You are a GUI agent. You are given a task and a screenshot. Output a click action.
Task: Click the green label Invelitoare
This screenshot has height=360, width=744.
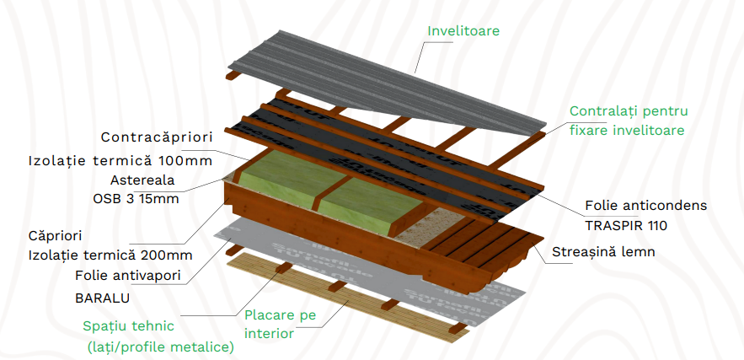pyautogui.click(x=463, y=31)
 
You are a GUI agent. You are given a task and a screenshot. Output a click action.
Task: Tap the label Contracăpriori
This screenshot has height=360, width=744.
pyautogui.click(x=157, y=137)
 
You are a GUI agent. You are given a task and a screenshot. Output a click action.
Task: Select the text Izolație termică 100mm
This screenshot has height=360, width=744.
pyautogui.click(x=120, y=159)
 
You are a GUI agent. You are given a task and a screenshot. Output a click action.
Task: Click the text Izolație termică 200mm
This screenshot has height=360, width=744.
pyautogui.click(x=110, y=255)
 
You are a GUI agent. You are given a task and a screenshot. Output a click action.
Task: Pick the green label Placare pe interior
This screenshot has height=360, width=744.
pyautogui.click(x=280, y=324)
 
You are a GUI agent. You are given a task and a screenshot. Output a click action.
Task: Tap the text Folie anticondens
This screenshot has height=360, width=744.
pyautogui.click(x=645, y=205)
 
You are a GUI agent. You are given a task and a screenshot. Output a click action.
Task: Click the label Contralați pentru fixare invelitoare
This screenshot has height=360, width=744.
pyautogui.click(x=629, y=121)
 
